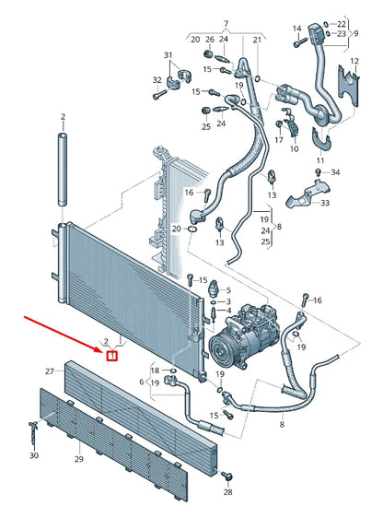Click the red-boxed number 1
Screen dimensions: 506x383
pos(111,355)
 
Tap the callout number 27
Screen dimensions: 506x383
pos(51,371)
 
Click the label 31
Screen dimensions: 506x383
pos(168,56)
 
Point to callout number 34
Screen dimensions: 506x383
pos(335,172)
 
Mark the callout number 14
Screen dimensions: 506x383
pos(296,29)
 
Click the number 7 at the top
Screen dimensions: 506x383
pos(224,21)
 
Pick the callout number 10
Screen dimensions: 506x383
pos(294,148)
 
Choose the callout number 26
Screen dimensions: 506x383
pos(209,40)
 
